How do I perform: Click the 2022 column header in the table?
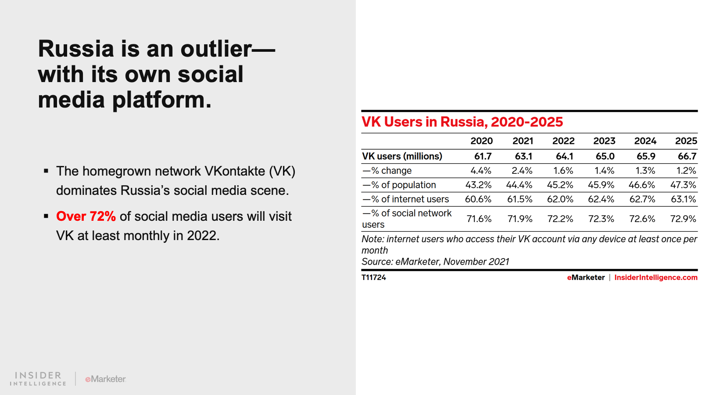563,141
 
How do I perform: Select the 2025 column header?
686,141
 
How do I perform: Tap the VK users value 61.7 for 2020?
483,156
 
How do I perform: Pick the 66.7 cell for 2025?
687,156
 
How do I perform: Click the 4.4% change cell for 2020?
481,171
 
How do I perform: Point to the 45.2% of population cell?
560,185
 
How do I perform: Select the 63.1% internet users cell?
683,199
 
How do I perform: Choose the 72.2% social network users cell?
560,219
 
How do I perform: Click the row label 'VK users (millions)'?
402,156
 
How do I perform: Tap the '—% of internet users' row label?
405,199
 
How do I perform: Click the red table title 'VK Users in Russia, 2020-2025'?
462,122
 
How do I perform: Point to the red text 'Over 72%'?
86,216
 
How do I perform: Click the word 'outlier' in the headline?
216,49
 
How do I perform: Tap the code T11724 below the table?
374,277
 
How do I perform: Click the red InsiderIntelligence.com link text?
655,277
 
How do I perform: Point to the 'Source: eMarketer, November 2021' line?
435,262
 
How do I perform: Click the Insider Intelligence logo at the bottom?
38,378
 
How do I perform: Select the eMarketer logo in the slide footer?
105,379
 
